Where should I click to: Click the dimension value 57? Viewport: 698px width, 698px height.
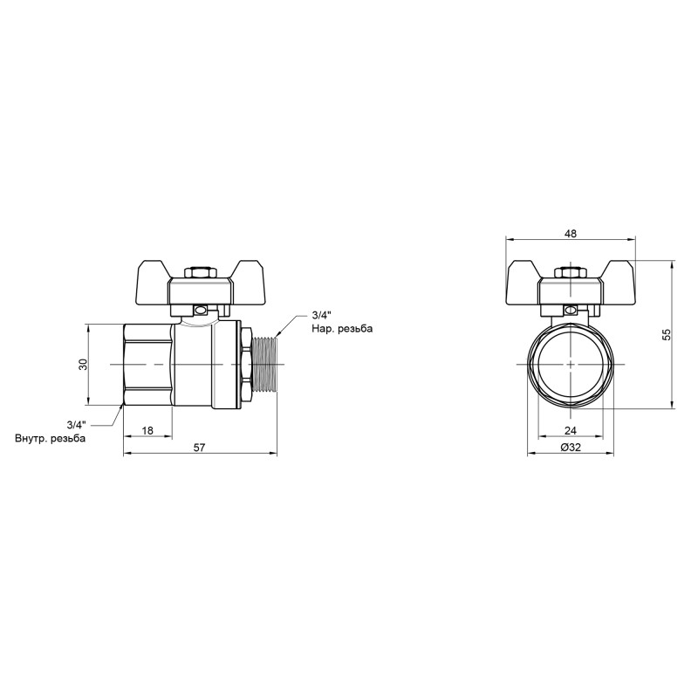(199, 447)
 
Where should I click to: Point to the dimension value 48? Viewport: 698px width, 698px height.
(571, 234)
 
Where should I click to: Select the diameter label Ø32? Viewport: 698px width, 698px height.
(571, 447)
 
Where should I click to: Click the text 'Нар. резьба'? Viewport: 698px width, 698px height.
(341, 330)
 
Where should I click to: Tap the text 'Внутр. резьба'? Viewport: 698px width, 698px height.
(50, 438)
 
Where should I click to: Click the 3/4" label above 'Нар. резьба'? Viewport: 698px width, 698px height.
(321, 315)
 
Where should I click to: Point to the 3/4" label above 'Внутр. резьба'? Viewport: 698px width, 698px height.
(75, 424)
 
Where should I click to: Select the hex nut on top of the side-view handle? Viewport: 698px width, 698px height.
(202, 273)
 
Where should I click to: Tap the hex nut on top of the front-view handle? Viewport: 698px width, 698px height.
(571, 273)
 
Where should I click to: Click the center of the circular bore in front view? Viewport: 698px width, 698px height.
(571, 364)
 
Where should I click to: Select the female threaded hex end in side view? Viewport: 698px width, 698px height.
(147, 364)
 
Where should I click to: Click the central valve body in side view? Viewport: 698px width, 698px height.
(205, 364)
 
